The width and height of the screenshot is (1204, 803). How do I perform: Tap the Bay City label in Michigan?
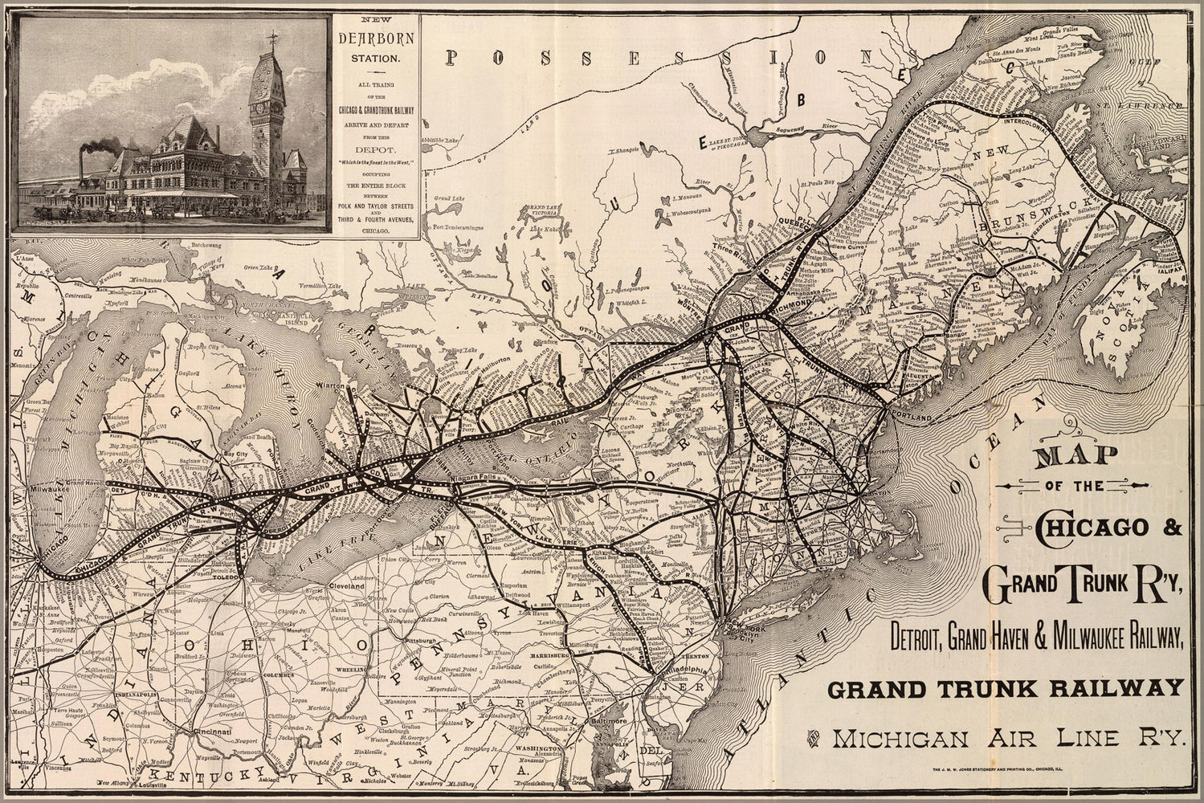218,454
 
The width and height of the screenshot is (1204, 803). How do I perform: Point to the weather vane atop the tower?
265,36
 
